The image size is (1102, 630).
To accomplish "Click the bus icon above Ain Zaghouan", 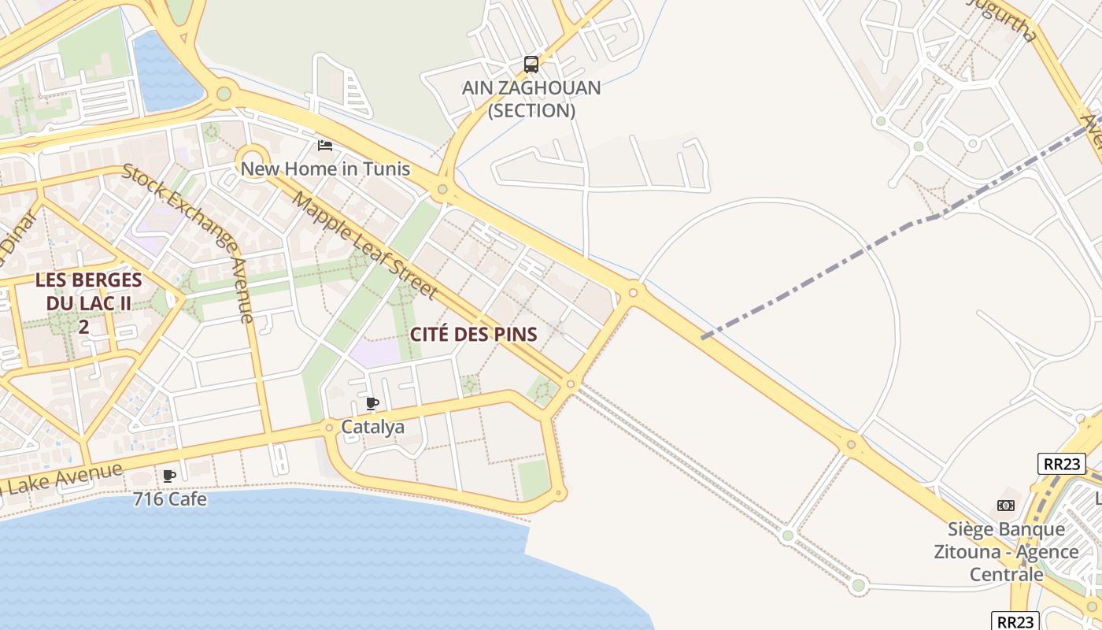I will click(x=531, y=65).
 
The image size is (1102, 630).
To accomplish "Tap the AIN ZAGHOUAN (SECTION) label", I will click(x=531, y=99).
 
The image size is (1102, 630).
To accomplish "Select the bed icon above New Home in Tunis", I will click(x=324, y=145).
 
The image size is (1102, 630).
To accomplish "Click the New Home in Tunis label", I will click(x=325, y=169).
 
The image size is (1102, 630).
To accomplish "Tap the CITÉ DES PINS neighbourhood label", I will click(x=474, y=334).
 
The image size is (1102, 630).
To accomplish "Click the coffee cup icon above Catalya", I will click(x=372, y=404).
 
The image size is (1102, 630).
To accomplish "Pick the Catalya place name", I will click(x=372, y=427).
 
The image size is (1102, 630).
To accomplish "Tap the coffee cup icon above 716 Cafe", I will click(x=168, y=476).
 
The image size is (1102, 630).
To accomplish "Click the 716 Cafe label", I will click(x=170, y=498).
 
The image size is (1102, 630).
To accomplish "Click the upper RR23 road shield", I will click(x=1062, y=464).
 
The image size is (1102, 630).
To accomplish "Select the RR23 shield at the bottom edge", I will click(x=1015, y=621).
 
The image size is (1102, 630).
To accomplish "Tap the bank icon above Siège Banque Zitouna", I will click(x=1006, y=506).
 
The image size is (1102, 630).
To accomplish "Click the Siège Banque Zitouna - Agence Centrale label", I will click(x=1006, y=551).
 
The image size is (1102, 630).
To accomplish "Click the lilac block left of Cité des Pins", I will click(x=376, y=351).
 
